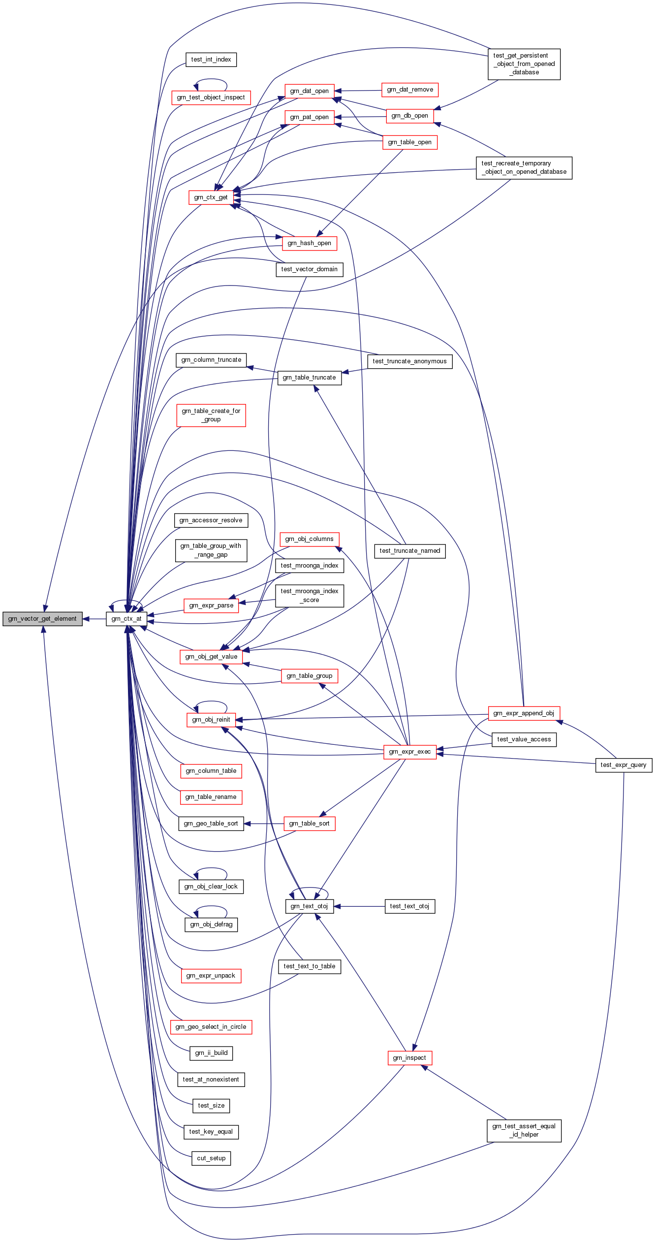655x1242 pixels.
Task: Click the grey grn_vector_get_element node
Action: point(42,619)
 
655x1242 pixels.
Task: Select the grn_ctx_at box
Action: point(126,619)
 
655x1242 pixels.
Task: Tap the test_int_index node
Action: point(211,60)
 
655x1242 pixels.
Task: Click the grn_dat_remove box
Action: point(410,90)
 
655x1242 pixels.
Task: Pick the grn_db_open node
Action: point(409,116)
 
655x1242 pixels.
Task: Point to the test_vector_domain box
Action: point(309,269)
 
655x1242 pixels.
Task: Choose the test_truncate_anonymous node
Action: point(409,361)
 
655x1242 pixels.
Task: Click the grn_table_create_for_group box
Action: point(211,415)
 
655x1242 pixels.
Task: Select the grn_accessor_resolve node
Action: point(211,520)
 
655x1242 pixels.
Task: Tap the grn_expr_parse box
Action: point(211,605)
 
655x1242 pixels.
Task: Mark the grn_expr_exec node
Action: point(409,752)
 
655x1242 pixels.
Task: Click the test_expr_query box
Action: point(624,765)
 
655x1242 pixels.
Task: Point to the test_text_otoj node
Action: point(409,906)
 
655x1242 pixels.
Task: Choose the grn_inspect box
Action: point(409,1058)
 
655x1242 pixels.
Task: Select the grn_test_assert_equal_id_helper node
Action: point(524,1130)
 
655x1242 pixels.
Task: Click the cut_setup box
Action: point(211,1158)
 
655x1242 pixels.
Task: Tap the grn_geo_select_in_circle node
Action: point(211,1027)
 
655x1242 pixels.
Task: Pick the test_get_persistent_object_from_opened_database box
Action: point(524,64)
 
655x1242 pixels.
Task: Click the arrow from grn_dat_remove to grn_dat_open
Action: point(359,91)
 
